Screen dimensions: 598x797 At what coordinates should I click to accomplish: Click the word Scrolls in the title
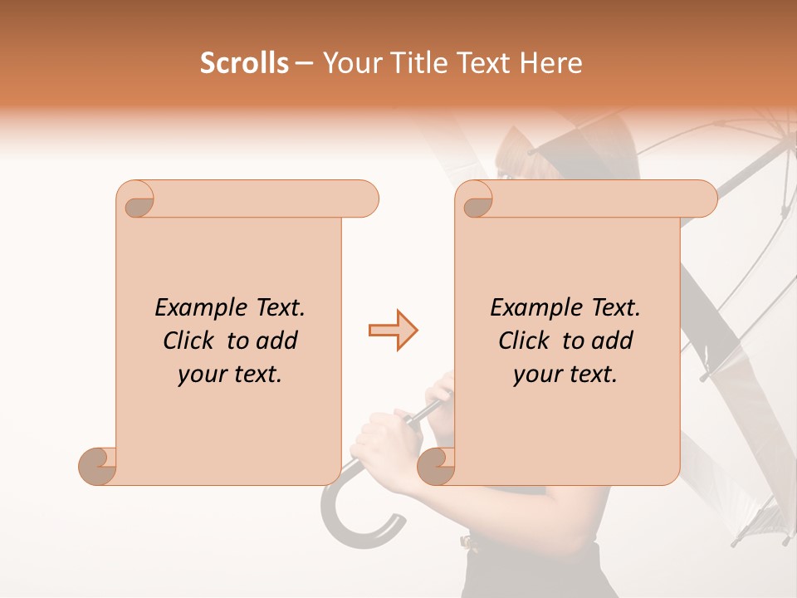244,63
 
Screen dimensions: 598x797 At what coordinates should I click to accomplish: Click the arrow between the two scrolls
393,331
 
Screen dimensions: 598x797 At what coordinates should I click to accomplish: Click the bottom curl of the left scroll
97,466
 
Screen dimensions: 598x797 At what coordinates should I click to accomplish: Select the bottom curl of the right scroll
436,466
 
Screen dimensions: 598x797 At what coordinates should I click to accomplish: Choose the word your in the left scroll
201,375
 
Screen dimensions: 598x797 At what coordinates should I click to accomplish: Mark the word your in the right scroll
536,375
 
